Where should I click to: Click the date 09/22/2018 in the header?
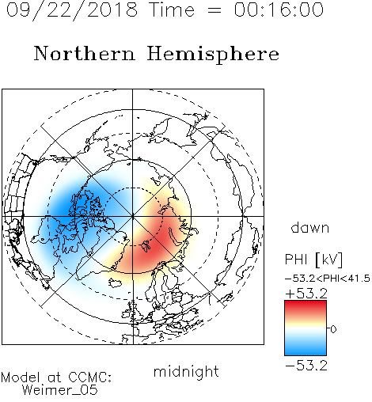point(72,10)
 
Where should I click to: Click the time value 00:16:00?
point(279,9)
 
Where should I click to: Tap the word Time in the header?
point(172,9)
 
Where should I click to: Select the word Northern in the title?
point(85,53)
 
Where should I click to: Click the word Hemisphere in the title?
point(213,55)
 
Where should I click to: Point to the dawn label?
point(310,227)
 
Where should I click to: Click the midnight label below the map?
point(186,371)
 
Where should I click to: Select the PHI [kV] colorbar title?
point(313,260)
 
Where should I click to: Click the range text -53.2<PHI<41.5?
point(328,279)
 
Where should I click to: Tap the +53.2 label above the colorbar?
point(306,294)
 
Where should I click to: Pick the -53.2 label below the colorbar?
point(306,366)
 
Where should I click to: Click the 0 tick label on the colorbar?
point(333,329)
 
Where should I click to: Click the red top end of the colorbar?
point(306,302)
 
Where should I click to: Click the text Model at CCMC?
point(56,377)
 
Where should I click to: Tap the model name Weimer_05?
point(60,390)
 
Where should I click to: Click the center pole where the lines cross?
point(133,216)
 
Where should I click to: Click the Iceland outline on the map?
point(116,283)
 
